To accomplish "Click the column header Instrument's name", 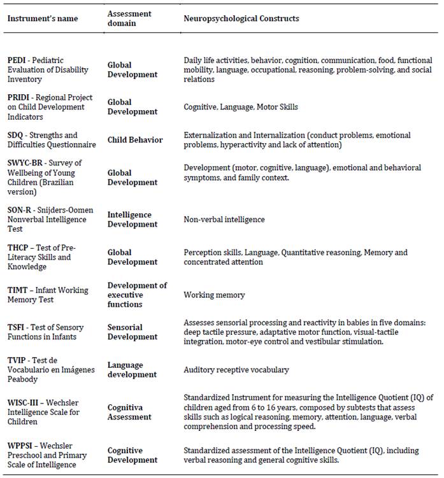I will [42, 18].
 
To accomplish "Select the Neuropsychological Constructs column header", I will [241, 18].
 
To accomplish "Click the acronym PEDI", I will [17, 60].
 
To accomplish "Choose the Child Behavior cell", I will [135, 140].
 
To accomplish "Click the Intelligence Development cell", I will [132, 220].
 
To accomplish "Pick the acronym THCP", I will [18, 248].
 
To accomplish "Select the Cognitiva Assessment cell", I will [130, 412].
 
